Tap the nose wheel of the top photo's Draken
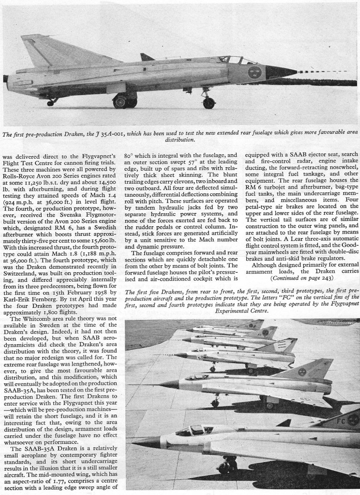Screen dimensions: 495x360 click(x=209, y=102)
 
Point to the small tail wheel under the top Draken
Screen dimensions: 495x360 click(x=50, y=102)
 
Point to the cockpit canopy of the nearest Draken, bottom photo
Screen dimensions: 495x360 click(x=196, y=429)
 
